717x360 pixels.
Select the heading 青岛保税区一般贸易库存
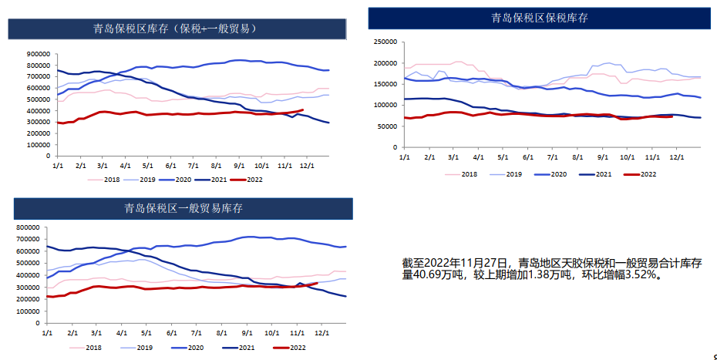point(184,208)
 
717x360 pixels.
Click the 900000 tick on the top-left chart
point(38,54)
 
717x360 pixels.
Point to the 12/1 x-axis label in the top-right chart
point(678,158)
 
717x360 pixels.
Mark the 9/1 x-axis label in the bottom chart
point(247,333)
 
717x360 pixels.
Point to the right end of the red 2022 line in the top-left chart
point(302,109)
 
